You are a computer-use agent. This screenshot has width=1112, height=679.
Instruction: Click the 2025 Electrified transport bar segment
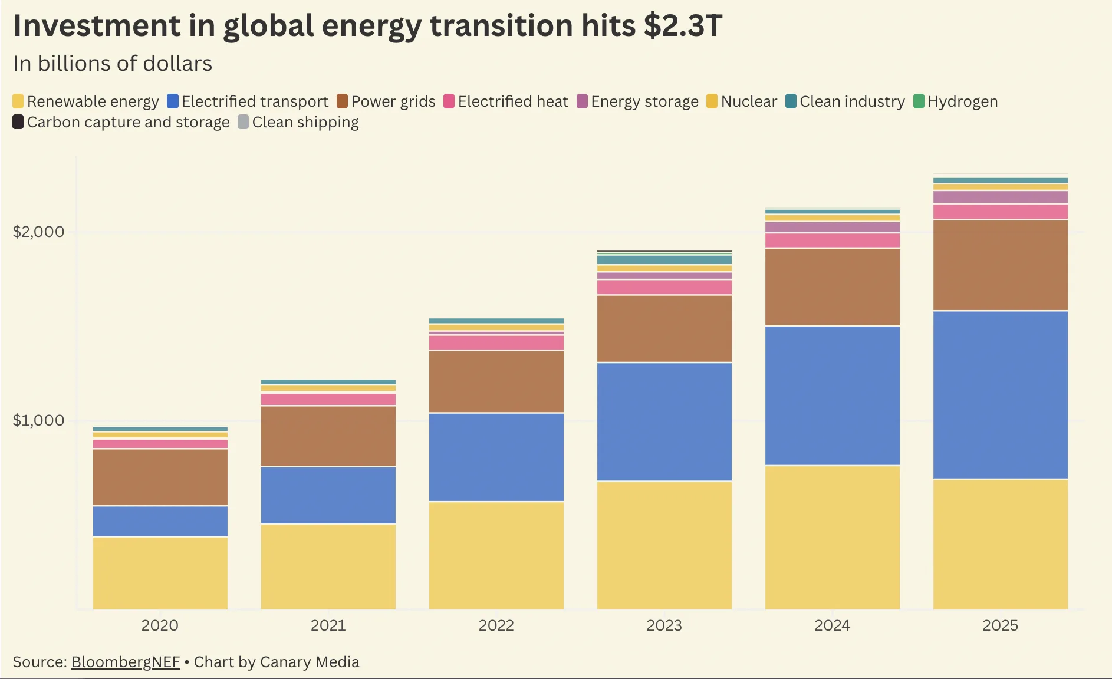[x=1000, y=394]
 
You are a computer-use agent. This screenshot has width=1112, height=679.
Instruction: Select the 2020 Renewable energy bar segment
[x=160, y=572]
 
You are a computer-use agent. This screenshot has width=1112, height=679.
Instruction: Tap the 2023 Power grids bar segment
[x=664, y=328]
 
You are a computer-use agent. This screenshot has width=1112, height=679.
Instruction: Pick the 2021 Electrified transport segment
[x=328, y=495]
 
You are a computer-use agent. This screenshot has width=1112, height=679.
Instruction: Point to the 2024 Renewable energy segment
[x=832, y=537]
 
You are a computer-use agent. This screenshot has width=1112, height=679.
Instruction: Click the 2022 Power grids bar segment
[x=496, y=381]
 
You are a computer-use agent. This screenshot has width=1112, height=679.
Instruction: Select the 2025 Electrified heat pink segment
[x=1000, y=212]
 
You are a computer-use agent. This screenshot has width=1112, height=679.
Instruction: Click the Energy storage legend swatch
[x=582, y=101]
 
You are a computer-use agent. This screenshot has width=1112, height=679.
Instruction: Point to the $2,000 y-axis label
[x=38, y=231]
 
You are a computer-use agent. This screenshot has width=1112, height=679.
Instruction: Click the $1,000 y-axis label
[x=38, y=420]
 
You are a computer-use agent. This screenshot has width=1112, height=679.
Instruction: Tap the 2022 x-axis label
[x=496, y=625]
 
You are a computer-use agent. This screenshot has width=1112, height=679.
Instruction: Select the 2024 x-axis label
[x=832, y=625]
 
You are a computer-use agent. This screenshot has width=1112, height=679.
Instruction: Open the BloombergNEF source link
[x=125, y=662]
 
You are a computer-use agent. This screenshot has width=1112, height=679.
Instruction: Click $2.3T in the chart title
[x=683, y=26]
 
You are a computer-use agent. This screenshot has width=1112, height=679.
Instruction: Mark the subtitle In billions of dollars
[x=113, y=64]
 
